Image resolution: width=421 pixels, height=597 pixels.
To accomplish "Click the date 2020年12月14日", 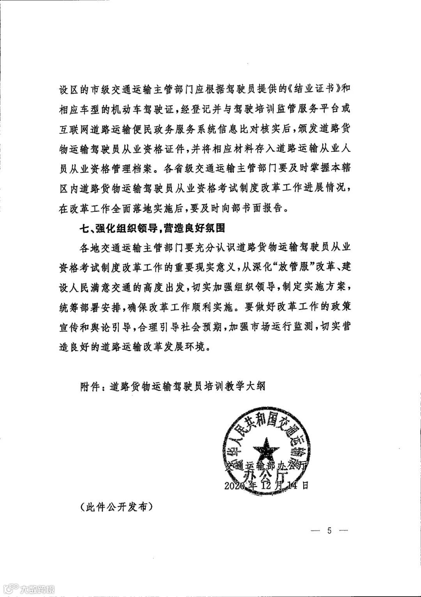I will pos(267,485).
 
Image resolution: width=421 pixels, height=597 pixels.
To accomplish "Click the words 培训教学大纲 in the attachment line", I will pos(240,386).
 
